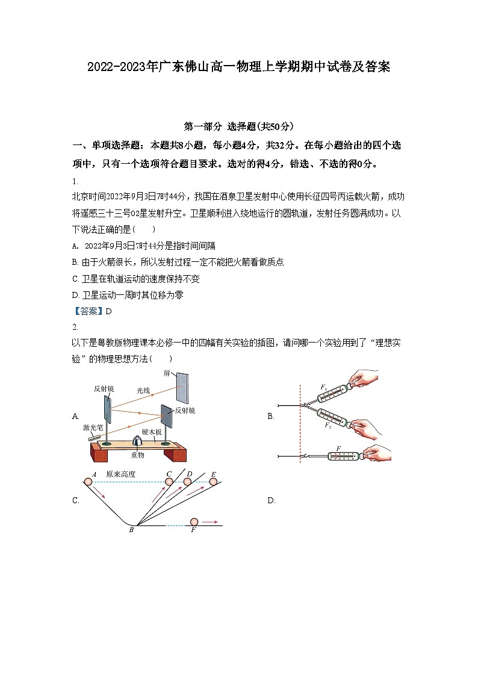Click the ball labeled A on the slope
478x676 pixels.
pyautogui.click(x=88, y=481)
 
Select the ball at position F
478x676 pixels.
pyautogui.click(x=194, y=522)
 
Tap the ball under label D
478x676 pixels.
pyautogui.click(x=188, y=481)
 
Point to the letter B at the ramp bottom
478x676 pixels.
pyautogui.click(x=131, y=530)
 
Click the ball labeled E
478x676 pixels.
pyautogui.click(x=213, y=481)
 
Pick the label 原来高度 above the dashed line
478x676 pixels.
pyautogui.click(x=120, y=474)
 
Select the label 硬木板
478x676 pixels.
pyautogui.click(x=152, y=432)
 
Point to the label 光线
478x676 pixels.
pyautogui.click(x=144, y=391)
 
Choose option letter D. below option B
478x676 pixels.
pyautogui.click(x=271, y=500)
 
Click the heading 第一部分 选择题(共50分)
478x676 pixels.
pyautogui.click(x=238, y=126)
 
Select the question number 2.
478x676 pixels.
pyautogui.click(x=75, y=327)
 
